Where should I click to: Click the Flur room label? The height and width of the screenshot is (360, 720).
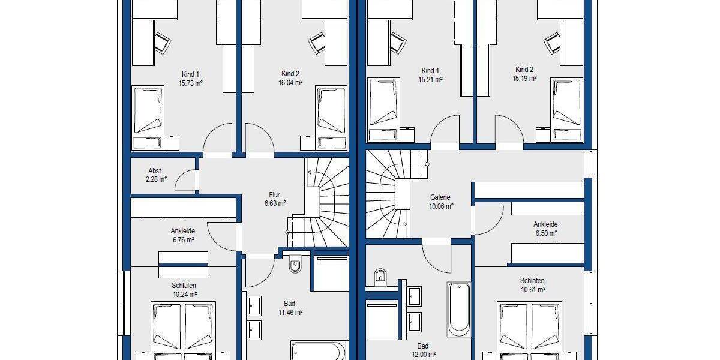[275, 195]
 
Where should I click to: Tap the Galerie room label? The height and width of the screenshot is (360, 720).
[440, 197]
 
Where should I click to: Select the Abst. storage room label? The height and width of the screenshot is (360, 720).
[155, 171]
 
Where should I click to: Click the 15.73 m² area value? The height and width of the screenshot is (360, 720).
[190, 83]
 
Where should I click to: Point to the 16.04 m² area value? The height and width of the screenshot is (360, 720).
[290, 83]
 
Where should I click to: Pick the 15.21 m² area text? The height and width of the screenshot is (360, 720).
[431, 79]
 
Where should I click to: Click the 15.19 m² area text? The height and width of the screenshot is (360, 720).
[524, 78]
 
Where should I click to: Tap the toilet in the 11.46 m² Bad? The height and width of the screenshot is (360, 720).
[295, 264]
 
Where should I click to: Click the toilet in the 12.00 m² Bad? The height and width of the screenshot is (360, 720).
[380, 277]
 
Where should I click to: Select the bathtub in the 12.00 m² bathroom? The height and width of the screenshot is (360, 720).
[458, 309]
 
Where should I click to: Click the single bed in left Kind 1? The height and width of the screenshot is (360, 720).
[148, 110]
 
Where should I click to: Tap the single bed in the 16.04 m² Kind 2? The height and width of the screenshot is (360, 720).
[332, 110]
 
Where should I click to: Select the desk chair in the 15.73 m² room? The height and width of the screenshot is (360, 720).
[162, 42]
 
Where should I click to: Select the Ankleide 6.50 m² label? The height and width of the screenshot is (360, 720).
[545, 229]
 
